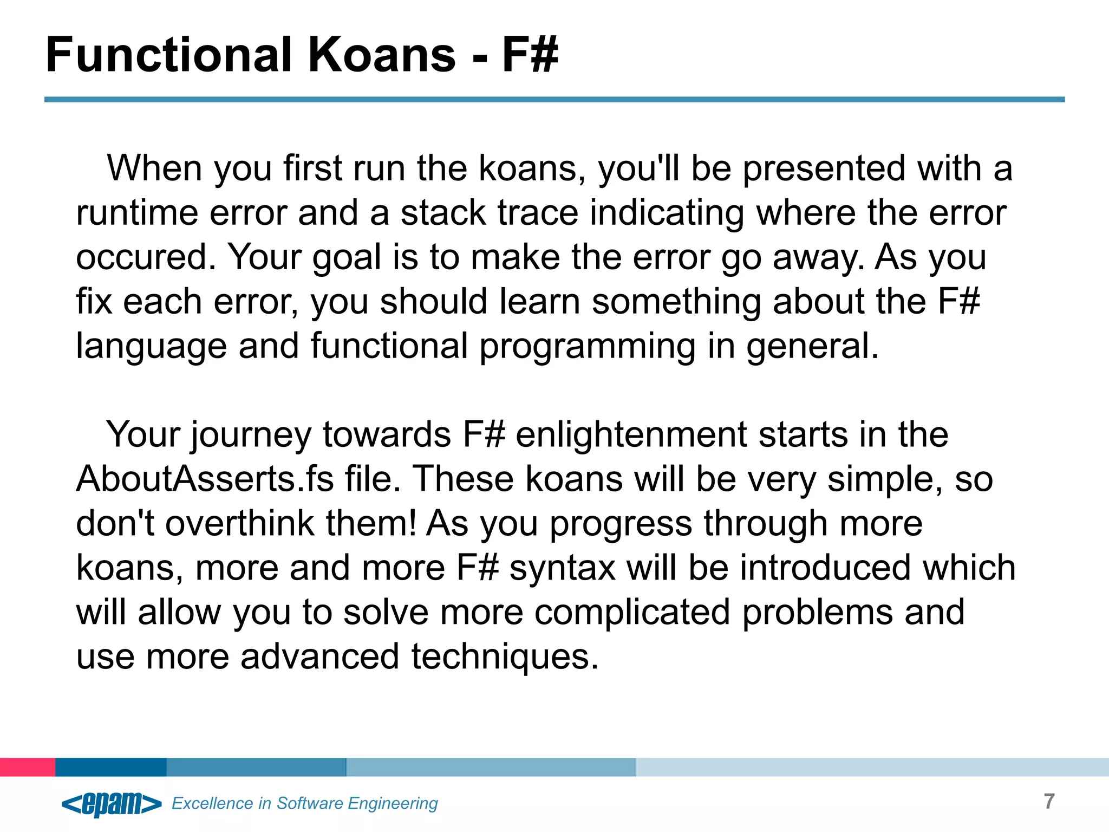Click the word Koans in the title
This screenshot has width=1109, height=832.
(x=382, y=55)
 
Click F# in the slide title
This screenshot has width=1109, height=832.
(x=530, y=55)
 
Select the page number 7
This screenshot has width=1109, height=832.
(x=1049, y=801)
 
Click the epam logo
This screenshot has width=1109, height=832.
(x=112, y=803)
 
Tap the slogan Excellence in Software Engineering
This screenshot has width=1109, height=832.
(x=304, y=803)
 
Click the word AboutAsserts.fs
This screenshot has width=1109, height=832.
(x=205, y=479)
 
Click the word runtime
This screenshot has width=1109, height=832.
(x=136, y=213)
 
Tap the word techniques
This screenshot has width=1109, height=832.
(x=505, y=657)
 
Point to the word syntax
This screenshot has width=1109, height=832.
(x=562, y=568)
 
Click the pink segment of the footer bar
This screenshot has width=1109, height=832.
(x=27, y=767)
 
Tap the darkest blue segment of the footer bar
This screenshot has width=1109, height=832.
(x=110, y=767)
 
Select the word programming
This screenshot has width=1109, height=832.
(x=587, y=346)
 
